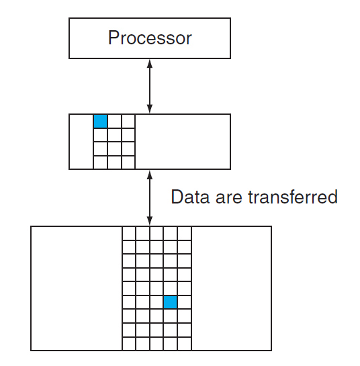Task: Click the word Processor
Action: (150, 38)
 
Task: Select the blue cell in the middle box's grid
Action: (100, 121)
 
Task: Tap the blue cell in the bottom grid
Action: (170, 302)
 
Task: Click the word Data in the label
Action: (190, 197)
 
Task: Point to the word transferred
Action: (293, 197)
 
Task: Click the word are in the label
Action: (228, 199)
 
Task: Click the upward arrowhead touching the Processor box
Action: (150, 64)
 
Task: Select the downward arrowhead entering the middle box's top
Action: (150, 109)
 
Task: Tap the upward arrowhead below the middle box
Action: (150, 175)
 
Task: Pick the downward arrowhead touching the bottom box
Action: (150, 221)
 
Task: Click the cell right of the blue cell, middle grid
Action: (114, 121)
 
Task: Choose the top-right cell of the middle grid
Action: (128, 121)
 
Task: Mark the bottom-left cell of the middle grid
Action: (100, 163)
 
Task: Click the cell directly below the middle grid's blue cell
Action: (100, 135)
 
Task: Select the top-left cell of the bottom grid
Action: (129, 234)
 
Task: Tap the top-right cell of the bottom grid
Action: (185, 234)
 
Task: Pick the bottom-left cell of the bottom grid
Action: (129, 344)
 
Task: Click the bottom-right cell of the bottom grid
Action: (185, 344)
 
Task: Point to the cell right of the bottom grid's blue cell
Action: (185, 302)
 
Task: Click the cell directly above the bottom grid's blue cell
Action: (170, 289)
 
